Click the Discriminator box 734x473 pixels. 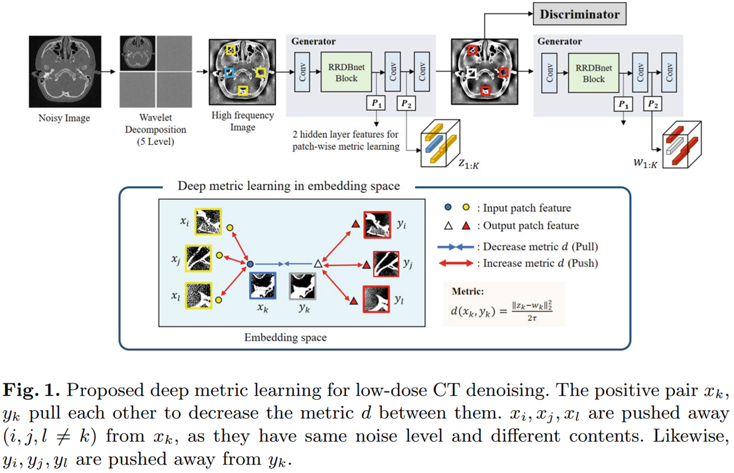click(x=579, y=14)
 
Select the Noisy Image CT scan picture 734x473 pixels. click(x=65, y=72)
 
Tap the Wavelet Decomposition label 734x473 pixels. click(x=155, y=129)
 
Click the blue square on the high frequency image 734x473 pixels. click(x=229, y=73)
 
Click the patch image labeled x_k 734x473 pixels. click(x=263, y=286)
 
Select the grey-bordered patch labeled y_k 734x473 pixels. click(x=303, y=286)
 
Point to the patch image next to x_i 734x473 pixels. click(x=208, y=222)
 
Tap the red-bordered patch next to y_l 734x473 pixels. click(x=376, y=299)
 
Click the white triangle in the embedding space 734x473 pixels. click(x=318, y=264)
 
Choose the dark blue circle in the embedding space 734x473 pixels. click(x=250, y=264)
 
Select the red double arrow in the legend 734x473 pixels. click(x=455, y=263)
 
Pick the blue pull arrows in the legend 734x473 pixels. click(x=455, y=247)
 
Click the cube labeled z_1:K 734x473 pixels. click(x=440, y=144)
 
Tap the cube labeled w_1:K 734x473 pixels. click(x=682, y=145)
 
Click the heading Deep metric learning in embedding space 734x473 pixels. click(x=288, y=186)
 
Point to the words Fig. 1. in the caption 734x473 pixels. click(x=31, y=391)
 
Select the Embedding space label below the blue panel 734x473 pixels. click(x=285, y=337)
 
